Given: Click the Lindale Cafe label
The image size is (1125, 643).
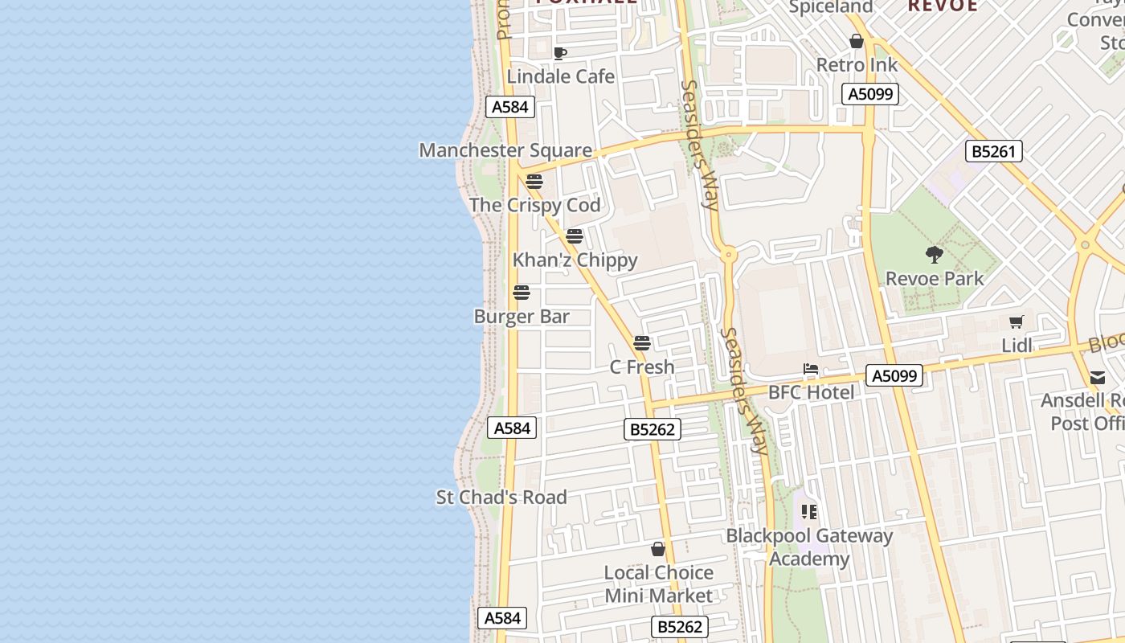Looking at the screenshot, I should (x=560, y=76).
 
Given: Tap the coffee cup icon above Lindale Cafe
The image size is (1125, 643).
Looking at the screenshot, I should (x=560, y=54).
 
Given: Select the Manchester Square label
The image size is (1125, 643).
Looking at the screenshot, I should (x=505, y=150).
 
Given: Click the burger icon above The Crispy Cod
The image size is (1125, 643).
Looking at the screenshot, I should (x=534, y=182).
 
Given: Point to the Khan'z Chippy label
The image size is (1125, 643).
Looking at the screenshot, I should (x=575, y=260).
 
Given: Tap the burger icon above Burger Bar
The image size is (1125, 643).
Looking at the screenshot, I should (x=522, y=293).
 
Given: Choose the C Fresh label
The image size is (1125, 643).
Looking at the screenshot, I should (x=642, y=367).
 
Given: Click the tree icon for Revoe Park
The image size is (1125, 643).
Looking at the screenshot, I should (x=934, y=256).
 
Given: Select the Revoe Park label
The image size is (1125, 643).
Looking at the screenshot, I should (x=935, y=279).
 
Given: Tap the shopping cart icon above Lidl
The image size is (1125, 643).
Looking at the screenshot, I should (x=1017, y=322).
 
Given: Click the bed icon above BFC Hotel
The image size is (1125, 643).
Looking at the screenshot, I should (x=811, y=370).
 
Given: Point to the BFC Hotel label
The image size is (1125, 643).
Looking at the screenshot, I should (x=812, y=392).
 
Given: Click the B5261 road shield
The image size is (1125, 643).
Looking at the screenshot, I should (x=993, y=151).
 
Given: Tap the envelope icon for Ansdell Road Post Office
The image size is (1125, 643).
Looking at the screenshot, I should (x=1098, y=378).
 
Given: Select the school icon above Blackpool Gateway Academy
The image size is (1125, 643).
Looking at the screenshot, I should (x=809, y=512).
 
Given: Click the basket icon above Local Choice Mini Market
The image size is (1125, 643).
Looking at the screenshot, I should (x=658, y=549).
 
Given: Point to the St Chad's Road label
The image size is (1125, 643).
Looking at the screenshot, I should (x=501, y=497).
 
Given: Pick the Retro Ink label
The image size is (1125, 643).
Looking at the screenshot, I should (x=857, y=64).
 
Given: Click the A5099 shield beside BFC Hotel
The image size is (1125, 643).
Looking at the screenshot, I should (x=894, y=375).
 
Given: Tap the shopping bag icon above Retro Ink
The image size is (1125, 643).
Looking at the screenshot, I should (x=857, y=41).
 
